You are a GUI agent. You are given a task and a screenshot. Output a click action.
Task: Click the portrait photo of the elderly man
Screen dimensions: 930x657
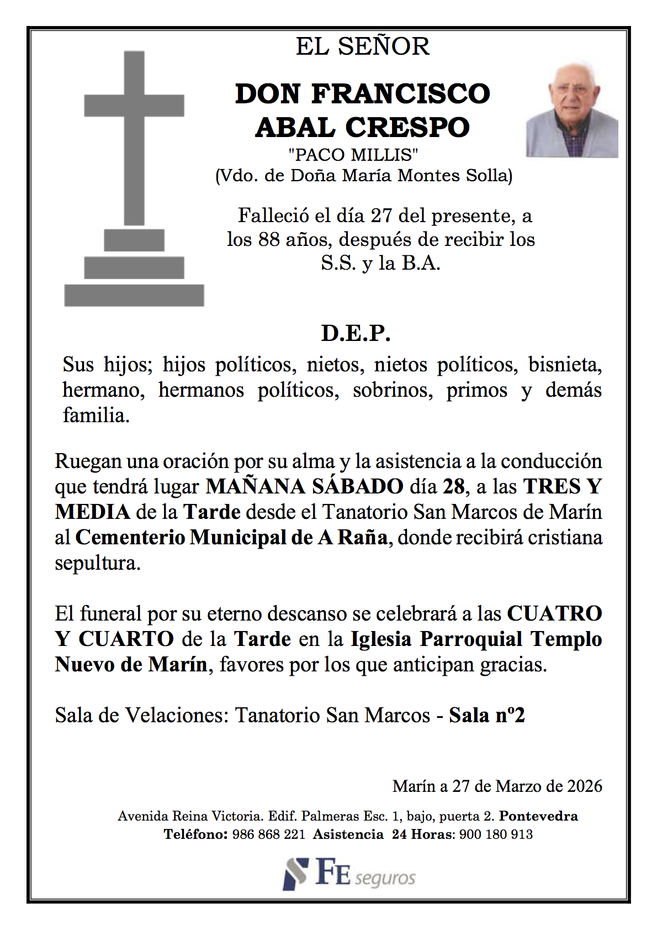click(x=571, y=111)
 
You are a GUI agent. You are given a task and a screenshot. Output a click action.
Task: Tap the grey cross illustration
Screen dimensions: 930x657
click(x=134, y=138)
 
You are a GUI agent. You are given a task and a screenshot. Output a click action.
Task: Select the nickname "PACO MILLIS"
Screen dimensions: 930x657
click(x=353, y=155)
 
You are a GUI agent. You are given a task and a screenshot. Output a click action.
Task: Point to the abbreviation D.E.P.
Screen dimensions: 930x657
click(x=356, y=333)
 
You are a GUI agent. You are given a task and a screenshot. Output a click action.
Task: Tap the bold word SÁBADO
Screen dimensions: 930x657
click(x=358, y=486)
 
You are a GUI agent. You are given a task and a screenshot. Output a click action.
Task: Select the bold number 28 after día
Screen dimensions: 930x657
click(x=454, y=486)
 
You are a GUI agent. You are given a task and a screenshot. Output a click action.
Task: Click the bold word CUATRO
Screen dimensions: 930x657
click(x=554, y=613)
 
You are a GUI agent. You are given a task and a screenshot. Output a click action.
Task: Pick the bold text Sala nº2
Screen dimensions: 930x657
click(x=486, y=715)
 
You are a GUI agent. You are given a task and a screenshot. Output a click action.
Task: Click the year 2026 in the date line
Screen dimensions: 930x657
click(x=585, y=786)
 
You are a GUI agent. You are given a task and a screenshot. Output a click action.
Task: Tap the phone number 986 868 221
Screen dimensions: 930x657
click(x=268, y=834)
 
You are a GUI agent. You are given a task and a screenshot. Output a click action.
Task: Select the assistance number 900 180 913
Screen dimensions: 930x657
click(x=496, y=834)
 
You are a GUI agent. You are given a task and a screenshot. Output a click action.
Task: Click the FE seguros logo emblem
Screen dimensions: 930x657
click(x=295, y=874)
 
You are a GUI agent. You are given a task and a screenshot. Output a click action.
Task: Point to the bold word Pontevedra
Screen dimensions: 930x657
click(x=538, y=816)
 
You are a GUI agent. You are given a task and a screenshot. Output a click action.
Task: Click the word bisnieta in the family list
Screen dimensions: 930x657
click(x=564, y=365)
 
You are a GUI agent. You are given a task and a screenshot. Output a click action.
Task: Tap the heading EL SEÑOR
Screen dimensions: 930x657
click(x=363, y=46)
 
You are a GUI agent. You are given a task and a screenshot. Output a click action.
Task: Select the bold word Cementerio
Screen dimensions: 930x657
click(x=130, y=537)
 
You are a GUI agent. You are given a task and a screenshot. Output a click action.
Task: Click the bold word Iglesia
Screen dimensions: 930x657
click(x=381, y=639)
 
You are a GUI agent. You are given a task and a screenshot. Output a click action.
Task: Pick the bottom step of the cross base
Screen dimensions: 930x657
click(x=134, y=296)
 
